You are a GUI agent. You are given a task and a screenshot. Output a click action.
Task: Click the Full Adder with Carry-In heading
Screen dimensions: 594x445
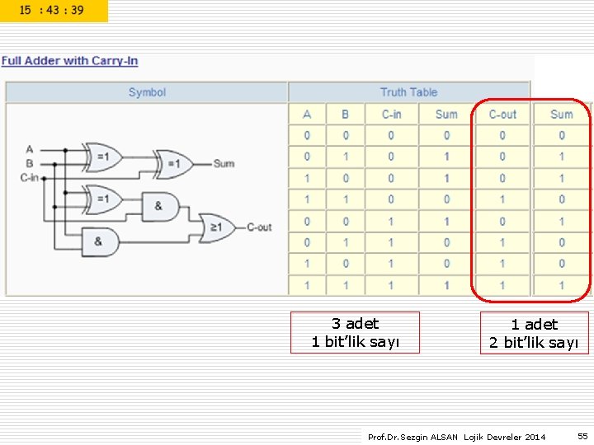point(69,60)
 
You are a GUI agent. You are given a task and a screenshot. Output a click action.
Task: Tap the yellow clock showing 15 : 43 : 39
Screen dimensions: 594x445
point(54,11)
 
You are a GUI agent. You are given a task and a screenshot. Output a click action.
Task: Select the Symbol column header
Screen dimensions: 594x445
point(147,92)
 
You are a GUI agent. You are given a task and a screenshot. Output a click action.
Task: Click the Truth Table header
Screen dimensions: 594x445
point(408,92)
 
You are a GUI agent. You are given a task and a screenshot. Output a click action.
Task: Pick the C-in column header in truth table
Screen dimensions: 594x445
point(391,115)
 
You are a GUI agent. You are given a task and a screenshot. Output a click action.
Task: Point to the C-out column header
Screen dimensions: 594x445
point(502,115)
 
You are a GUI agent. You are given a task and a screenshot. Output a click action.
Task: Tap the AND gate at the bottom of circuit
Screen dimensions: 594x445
point(101,242)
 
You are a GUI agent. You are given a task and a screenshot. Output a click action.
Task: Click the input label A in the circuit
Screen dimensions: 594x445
point(29,150)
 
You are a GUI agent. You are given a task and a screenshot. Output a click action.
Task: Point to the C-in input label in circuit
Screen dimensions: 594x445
point(29,177)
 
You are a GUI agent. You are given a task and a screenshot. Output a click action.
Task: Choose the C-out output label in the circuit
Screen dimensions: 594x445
point(260,227)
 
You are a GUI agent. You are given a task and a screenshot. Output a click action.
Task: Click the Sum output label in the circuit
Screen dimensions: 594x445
point(224,163)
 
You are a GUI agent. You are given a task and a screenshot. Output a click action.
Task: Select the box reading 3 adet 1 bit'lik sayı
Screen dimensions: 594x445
point(355,333)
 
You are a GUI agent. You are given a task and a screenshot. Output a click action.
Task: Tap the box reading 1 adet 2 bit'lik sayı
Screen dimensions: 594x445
point(534,333)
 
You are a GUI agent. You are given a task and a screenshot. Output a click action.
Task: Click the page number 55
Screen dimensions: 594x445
point(582,436)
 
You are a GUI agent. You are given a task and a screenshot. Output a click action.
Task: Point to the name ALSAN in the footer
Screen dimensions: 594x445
point(444,437)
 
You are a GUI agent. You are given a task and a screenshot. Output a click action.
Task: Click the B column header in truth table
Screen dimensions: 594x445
point(345,115)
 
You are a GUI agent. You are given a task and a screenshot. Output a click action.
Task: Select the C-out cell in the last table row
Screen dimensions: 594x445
point(502,285)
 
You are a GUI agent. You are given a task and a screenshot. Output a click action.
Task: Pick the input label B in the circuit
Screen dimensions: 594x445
point(29,163)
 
